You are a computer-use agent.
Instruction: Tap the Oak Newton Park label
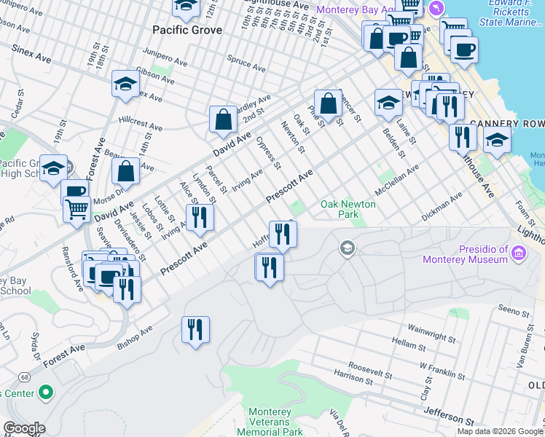(x=348, y=209)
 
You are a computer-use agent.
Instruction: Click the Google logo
(x=23, y=428)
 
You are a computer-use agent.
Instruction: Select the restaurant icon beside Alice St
(x=200, y=217)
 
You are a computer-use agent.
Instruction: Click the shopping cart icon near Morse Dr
(x=77, y=209)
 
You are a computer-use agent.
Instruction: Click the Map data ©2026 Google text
(x=499, y=431)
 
